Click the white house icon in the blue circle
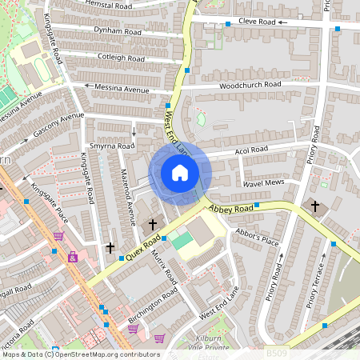pos(180,172)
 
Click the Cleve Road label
pos(257,22)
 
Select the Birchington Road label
pos(153,308)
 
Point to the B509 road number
pos(275,351)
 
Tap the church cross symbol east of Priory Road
pos(314,206)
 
